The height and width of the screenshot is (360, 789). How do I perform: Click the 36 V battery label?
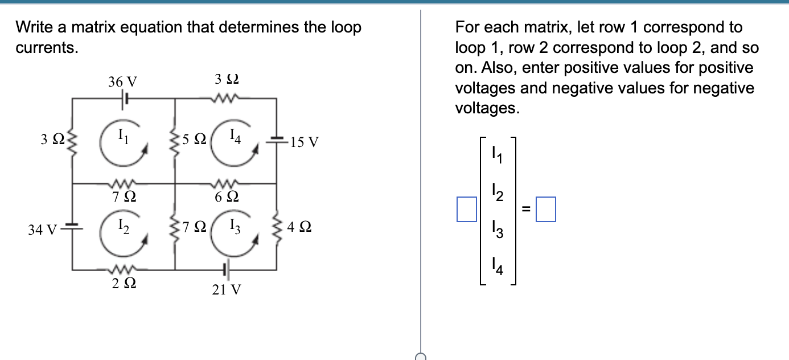point(122,81)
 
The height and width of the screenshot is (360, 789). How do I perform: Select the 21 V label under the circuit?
point(226,290)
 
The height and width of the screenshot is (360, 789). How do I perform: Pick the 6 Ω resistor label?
point(226,198)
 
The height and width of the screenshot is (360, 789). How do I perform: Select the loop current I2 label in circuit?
point(123,227)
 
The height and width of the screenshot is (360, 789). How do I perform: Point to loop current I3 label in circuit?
point(236,228)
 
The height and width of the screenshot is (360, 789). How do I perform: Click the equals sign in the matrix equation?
point(527,210)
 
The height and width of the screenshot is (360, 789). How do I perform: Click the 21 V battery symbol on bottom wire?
point(226,269)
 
